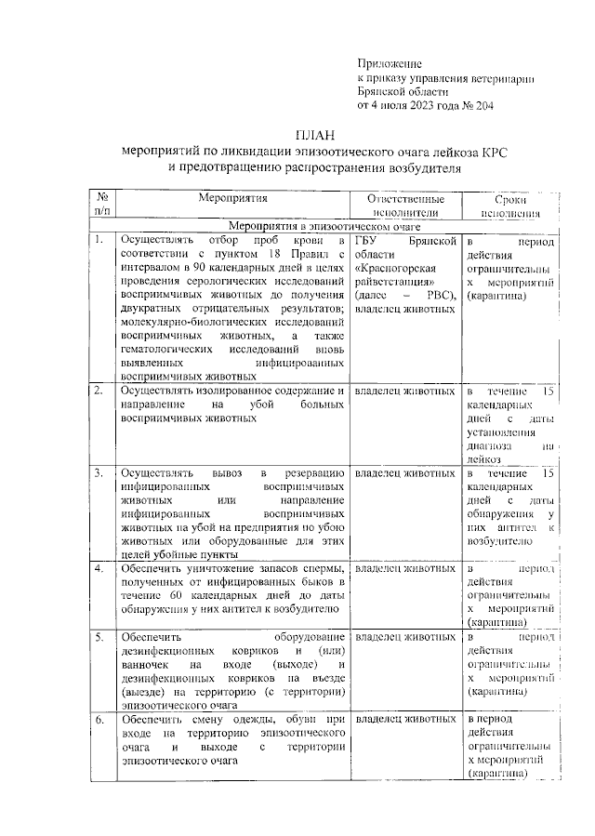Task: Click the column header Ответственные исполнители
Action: (405, 206)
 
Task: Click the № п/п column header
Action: (100, 206)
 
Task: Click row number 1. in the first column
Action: (98, 241)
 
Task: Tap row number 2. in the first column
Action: (98, 391)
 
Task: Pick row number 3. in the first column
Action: (98, 473)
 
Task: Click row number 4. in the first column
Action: (98, 568)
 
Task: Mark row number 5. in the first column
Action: (98, 637)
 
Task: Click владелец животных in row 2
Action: (405, 391)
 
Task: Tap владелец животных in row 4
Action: (405, 568)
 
